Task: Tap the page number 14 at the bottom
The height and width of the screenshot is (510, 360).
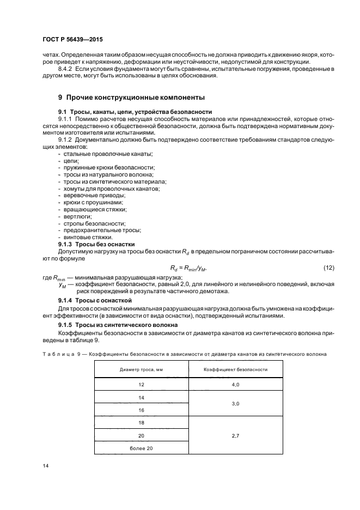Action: [x=45, y=466]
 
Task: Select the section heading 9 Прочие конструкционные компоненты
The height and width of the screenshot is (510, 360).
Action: [x=131, y=98]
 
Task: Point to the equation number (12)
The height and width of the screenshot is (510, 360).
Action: [x=328, y=266]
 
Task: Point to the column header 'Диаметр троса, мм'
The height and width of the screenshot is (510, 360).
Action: [x=141, y=369]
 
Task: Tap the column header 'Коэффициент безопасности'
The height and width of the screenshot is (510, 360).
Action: [x=235, y=369]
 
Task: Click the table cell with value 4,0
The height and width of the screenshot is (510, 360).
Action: [x=235, y=385]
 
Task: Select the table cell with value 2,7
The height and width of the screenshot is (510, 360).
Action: [x=235, y=435]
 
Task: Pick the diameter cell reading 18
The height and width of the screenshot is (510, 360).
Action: [x=141, y=422]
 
